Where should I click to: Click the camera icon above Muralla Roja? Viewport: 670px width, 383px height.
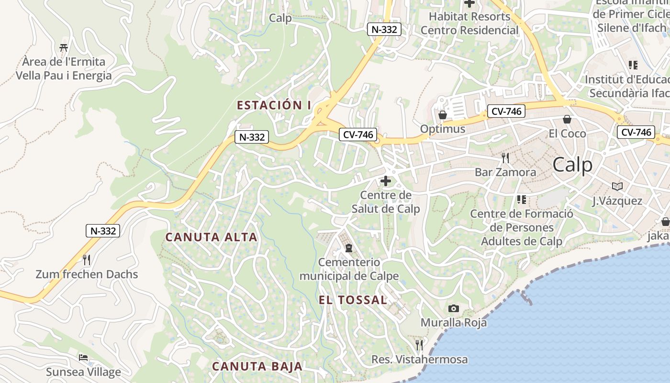coord(454,309)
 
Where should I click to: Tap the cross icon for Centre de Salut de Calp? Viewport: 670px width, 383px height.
coord(385,181)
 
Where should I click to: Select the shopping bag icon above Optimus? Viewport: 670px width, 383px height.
coord(443,115)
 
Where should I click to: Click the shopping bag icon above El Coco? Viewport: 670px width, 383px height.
coord(567,119)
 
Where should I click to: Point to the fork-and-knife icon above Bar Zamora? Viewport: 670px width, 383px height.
coord(505,158)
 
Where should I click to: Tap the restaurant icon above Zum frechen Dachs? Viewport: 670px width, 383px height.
coord(87,260)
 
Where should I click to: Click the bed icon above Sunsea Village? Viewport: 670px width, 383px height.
coord(83,358)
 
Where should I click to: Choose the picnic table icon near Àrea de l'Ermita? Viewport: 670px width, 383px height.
coord(64,47)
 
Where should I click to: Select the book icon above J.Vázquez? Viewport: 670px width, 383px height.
coord(617,186)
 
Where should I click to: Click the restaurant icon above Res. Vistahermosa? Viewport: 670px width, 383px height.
coord(419,345)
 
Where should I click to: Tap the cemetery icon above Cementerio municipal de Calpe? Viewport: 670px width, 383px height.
coord(349,248)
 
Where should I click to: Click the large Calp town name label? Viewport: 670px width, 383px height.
coord(572,165)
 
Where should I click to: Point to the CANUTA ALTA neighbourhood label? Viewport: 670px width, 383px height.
coord(211,237)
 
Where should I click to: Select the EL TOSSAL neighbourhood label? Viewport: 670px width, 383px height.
coord(353,300)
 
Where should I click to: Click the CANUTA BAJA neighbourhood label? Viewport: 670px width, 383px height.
coord(257,367)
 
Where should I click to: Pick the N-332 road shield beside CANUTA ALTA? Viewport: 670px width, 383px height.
coord(102,231)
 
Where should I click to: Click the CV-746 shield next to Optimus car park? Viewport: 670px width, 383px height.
coord(507,112)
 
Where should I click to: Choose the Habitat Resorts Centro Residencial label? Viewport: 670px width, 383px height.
coord(469,23)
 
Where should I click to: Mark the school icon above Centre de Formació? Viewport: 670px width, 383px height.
coord(521,199)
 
